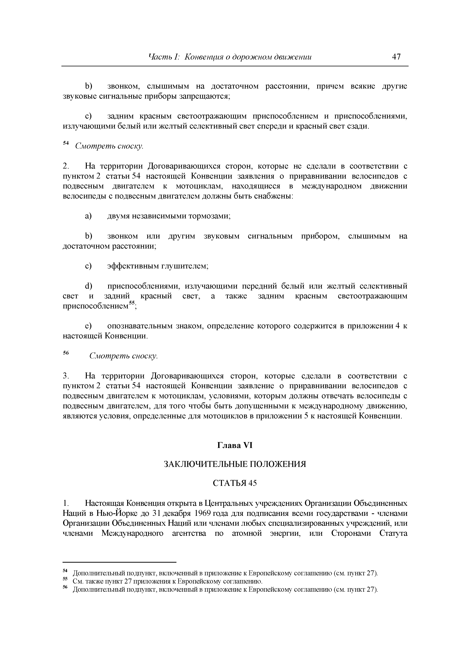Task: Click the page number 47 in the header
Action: (396, 56)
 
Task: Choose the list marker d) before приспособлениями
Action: (88, 286)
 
